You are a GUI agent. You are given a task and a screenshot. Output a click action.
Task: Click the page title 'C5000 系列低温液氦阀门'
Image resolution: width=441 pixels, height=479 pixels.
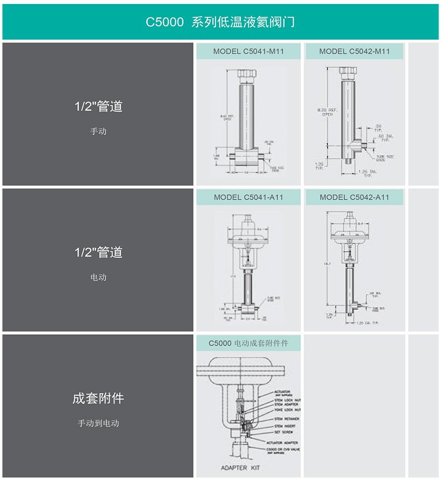tap(220, 22)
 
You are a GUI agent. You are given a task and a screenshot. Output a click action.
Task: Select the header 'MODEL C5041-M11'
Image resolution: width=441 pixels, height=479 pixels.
tap(248, 51)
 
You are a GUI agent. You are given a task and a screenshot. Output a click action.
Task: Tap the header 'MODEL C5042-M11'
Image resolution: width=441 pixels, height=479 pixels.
tap(354, 51)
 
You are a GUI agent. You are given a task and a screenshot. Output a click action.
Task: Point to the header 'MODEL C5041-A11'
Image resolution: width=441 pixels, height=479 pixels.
tap(248, 197)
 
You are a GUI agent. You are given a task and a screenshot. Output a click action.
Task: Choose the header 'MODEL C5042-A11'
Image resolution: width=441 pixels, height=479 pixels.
tap(354, 197)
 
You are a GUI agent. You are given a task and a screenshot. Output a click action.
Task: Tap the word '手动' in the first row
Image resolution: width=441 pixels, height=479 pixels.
tap(98, 131)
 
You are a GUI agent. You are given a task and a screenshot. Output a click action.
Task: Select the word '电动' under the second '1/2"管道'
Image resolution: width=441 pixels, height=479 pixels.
tap(98, 277)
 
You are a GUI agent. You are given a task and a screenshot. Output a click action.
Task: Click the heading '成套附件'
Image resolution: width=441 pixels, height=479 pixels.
tap(98, 398)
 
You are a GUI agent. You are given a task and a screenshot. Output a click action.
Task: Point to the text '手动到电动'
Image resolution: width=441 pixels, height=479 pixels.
tap(98, 423)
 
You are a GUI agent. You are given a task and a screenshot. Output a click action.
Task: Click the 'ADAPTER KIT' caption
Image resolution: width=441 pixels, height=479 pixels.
tap(240, 468)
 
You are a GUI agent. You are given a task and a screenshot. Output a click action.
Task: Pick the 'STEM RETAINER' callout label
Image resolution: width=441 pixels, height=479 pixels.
tap(286, 419)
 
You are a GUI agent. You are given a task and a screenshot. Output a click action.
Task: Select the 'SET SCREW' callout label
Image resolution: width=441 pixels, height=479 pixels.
tap(283, 432)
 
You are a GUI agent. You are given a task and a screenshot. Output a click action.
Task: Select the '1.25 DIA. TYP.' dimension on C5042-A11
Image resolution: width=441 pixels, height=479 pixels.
tap(368, 323)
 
